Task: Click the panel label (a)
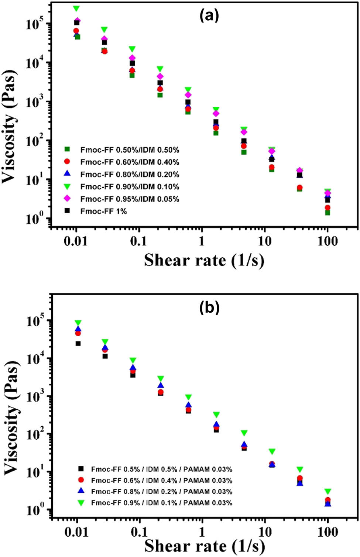click(x=209, y=16)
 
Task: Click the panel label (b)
click(x=209, y=307)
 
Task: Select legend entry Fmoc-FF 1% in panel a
click(x=103, y=212)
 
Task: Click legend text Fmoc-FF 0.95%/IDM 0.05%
click(x=130, y=199)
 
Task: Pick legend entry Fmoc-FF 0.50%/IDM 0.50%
click(x=130, y=150)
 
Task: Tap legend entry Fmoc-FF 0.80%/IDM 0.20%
click(x=130, y=174)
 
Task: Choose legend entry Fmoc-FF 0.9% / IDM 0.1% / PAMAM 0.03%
click(x=161, y=503)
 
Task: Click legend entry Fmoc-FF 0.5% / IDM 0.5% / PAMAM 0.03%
click(x=161, y=469)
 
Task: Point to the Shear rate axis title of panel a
click(x=204, y=260)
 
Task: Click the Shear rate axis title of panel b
click(x=204, y=546)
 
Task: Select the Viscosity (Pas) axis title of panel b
click(x=11, y=413)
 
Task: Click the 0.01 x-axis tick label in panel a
click(x=75, y=241)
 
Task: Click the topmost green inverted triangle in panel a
click(x=76, y=8)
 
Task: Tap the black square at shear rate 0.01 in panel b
click(x=78, y=344)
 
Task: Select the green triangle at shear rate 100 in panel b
click(x=328, y=491)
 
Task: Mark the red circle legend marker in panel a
click(x=67, y=162)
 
